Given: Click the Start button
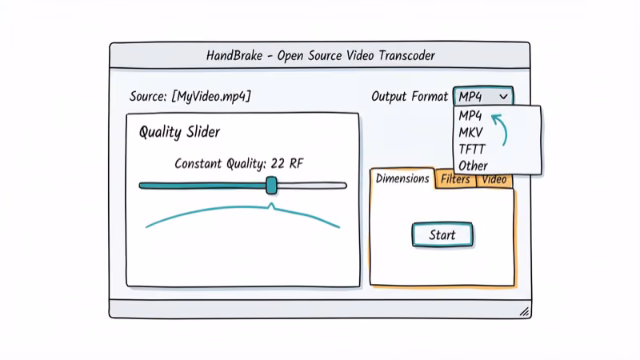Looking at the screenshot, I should point(442,234).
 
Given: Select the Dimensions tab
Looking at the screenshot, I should point(402,179).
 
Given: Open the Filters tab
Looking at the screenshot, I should point(455,180).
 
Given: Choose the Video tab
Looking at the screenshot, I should point(494,180).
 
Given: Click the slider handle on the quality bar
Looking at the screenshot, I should point(271,186).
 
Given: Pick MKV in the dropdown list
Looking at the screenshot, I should point(471,132).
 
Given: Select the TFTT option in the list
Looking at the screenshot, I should point(472,149).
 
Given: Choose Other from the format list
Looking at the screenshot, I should point(473,166).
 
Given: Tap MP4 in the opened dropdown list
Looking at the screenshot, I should point(470,115).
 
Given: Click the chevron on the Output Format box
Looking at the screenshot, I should point(503,96).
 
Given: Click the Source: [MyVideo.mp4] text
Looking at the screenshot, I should point(190,96).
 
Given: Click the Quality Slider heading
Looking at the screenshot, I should point(179,132).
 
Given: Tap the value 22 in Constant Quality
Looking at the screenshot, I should point(278,163).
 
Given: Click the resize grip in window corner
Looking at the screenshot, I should point(523,310).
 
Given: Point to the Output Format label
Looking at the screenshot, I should point(409,96).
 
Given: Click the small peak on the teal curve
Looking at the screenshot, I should point(271,207).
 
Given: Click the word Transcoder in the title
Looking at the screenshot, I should point(401,56).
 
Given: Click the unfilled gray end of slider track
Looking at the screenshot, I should point(312,186).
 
